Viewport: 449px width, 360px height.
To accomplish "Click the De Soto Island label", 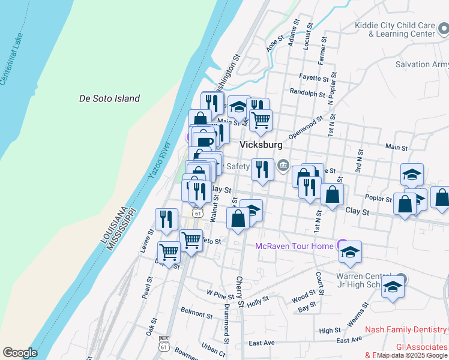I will click(x=110, y=98).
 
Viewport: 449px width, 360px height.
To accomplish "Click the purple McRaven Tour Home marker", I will click(x=342, y=245).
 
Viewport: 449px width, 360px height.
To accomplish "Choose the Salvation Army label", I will click(x=421, y=64).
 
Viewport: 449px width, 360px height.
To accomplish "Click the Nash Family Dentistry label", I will click(x=406, y=329).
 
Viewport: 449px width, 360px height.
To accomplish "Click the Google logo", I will click(x=20, y=352).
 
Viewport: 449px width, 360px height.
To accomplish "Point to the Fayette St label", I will click(x=314, y=78).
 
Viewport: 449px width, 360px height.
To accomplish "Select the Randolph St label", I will click(x=307, y=92).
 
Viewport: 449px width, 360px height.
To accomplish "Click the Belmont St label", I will click(x=193, y=313).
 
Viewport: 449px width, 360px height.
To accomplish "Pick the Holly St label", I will click(x=258, y=301).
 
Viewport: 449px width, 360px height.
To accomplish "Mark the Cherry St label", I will click(x=240, y=292).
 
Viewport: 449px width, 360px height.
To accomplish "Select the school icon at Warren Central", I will click(x=393, y=288).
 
